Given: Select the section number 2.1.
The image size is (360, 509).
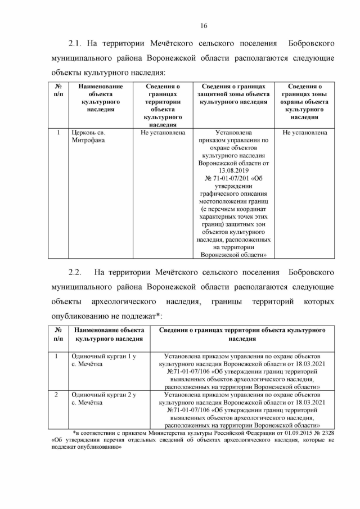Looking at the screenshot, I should point(75,43).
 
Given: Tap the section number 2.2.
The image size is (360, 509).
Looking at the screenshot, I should point(75,273).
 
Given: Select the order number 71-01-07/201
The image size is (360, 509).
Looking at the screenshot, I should point(226,179).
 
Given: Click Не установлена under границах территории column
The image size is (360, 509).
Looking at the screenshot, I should point(163,133).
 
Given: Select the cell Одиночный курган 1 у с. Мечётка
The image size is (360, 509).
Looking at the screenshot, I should point(104,360).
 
